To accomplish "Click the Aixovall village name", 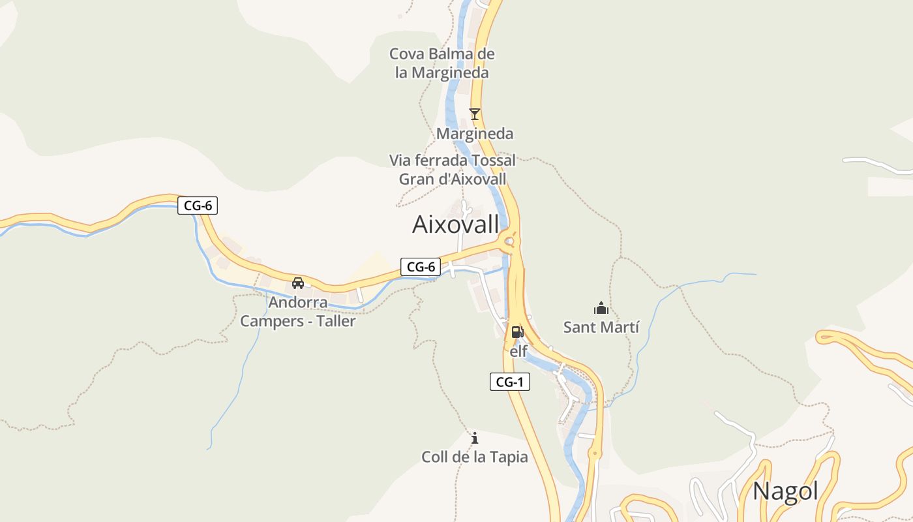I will [455, 224].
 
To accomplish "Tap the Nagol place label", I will [785, 491].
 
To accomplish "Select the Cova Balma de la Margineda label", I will [442, 63].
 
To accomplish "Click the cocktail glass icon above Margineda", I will [475, 114].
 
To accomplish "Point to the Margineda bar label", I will [475, 134].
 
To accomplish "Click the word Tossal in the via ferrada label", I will [490, 160].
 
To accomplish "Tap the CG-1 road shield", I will [509, 382].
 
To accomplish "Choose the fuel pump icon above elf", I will [517, 331].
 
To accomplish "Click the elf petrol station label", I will [518, 351].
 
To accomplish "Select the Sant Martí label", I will [601, 327].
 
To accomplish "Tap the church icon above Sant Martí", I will [601, 307].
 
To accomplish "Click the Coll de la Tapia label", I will [475, 457].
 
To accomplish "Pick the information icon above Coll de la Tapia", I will [475, 437].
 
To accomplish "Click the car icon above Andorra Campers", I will [298, 283].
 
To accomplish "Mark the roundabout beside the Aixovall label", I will [510, 243].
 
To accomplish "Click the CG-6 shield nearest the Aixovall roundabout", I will [421, 266].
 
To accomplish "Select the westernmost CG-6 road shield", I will [198, 206].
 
